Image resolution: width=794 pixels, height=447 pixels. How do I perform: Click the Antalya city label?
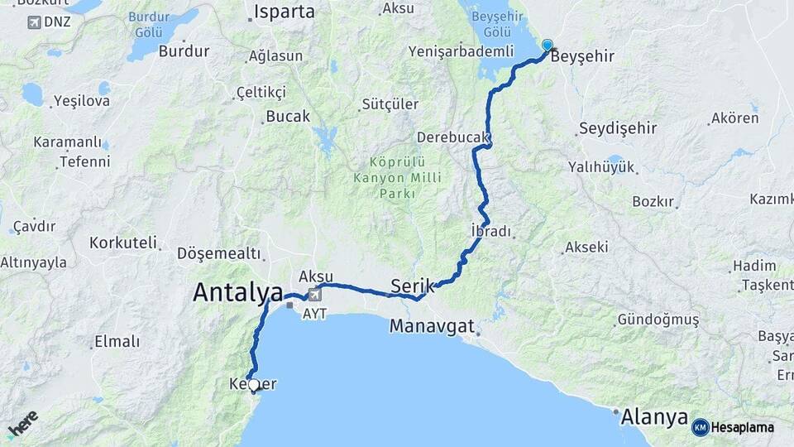(x=238, y=291)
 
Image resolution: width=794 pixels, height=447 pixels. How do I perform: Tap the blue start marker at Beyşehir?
(x=547, y=46)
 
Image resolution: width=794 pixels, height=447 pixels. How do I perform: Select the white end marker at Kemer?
(x=254, y=385)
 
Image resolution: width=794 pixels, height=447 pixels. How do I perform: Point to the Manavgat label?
(x=433, y=326)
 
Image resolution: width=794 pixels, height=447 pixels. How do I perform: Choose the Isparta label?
(x=285, y=12)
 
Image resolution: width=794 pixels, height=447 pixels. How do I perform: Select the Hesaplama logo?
(x=734, y=427)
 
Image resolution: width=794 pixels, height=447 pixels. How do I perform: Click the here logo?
(x=22, y=424)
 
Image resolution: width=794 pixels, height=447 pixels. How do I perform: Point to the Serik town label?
(x=412, y=284)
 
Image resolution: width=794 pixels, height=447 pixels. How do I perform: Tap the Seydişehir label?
(x=618, y=128)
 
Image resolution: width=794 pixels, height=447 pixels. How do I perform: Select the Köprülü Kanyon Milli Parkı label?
(x=398, y=178)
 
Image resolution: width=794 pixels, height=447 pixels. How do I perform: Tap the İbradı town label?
(x=490, y=231)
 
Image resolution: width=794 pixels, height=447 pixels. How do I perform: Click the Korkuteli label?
(x=123, y=243)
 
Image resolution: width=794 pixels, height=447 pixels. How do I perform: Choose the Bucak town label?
(x=288, y=117)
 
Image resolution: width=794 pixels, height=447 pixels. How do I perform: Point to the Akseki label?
(x=586, y=247)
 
